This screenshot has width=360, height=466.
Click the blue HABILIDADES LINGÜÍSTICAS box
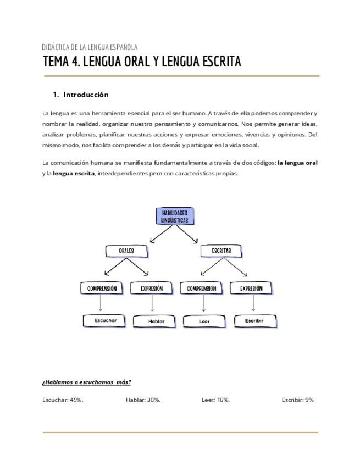tap(175, 216)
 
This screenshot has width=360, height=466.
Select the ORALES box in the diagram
tap(126, 251)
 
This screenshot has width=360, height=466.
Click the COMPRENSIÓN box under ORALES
tap(102, 289)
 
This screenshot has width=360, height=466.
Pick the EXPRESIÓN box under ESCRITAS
tap(251, 289)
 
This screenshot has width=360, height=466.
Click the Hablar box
tap(157, 321)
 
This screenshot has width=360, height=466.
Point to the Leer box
tap(204, 321)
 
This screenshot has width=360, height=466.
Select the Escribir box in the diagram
tap(254, 320)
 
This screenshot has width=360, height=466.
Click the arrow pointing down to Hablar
tap(152, 304)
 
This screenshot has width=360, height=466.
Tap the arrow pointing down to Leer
tap(204, 304)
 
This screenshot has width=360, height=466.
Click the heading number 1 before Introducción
tap(56, 95)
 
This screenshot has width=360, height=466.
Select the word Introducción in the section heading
tap(86, 95)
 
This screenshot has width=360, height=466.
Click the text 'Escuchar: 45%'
tap(63, 400)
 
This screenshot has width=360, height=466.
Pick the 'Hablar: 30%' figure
tap(143, 400)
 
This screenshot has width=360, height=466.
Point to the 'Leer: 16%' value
tap(215, 400)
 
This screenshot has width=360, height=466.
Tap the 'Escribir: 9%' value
tap(297, 400)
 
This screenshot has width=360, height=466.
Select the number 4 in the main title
tap(75, 62)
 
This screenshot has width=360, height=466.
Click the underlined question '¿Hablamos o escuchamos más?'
tap(86, 382)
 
